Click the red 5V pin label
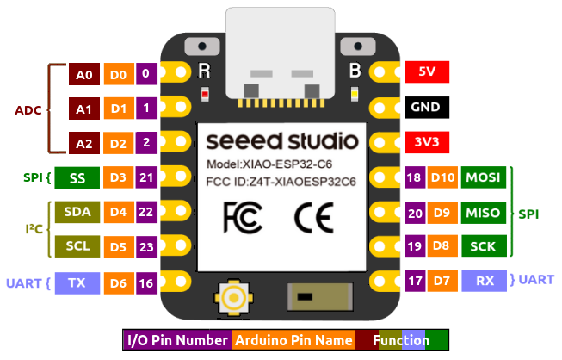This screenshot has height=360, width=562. [426, 74]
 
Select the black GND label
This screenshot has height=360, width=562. [426, 109]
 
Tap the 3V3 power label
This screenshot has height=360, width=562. [426, 143]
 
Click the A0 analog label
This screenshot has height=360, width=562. [84, 75]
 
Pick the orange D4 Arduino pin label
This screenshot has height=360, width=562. [118, 212]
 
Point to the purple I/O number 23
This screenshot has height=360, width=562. [146, 246]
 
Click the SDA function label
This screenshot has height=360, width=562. [77, 212]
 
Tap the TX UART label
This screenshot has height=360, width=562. [77, 282]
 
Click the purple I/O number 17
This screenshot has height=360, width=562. [415, 280]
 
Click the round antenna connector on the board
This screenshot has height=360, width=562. [233, 298]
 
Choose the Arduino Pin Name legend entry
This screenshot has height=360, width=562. [293, 340]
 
